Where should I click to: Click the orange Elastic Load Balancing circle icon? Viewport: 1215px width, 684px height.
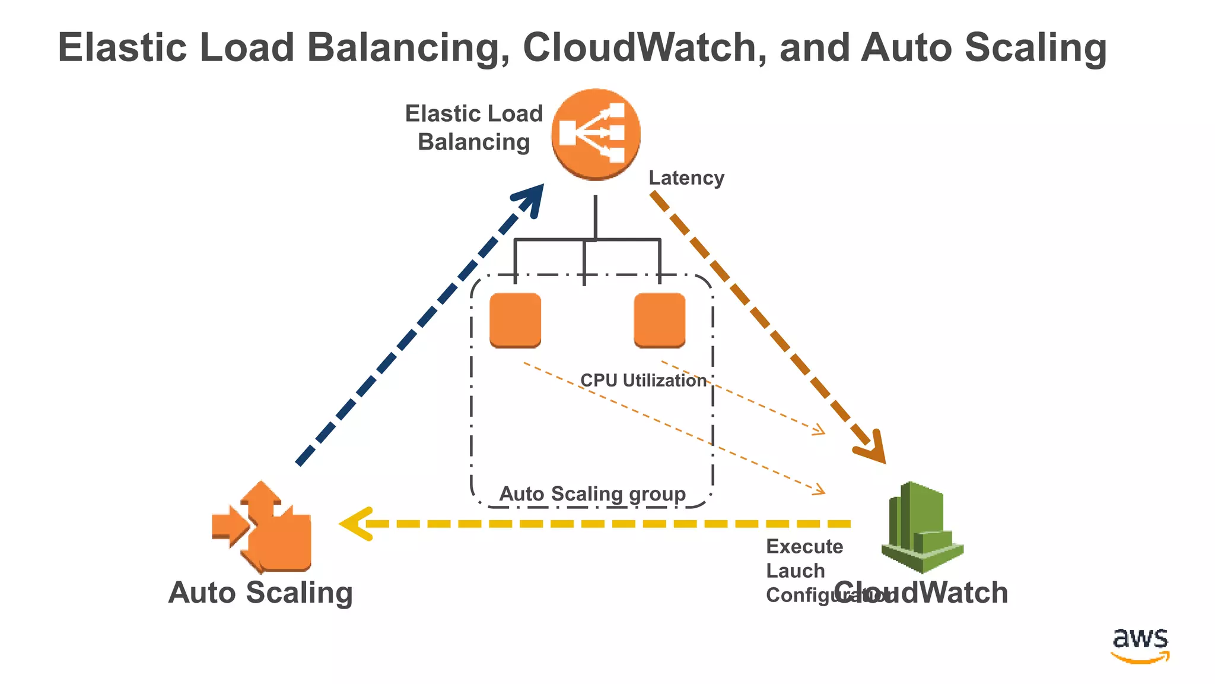coord(596,134)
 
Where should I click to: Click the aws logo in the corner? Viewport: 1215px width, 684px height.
coord(1140,644)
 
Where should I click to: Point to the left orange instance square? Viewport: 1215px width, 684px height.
coord(515,319)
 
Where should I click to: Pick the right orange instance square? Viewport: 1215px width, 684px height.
coord(659,319)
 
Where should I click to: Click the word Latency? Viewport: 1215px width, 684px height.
coord(686,178)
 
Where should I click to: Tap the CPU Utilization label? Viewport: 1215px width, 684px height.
coord(643,380)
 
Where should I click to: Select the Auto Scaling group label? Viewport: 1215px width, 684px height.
coord(592,493)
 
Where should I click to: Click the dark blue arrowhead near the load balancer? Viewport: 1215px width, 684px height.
coord(532,198)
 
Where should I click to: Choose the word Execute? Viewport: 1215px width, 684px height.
coord(804,546)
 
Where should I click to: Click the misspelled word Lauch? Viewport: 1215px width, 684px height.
coord(795,571)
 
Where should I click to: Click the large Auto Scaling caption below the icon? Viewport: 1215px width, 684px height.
coord(260,593)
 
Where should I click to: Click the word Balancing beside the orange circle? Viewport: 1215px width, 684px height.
coord(473,142)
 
